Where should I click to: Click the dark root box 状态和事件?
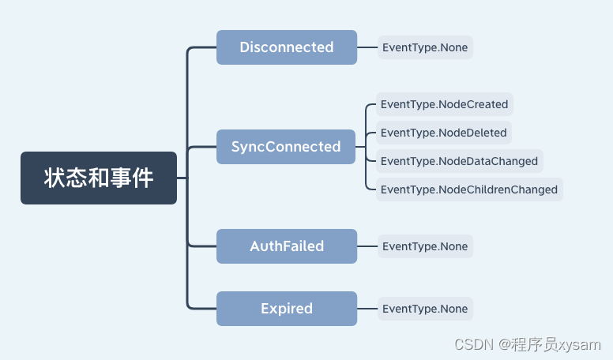99,178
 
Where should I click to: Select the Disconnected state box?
287,47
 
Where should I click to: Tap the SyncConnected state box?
286,147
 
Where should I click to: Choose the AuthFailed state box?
287,246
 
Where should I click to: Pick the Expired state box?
287,309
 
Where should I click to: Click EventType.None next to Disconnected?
425,47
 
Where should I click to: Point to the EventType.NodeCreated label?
445,104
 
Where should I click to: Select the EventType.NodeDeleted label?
444,133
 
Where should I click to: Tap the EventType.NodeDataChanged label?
460,161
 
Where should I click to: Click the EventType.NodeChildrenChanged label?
469,189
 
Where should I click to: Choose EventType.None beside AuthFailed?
425,246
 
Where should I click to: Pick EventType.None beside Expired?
425,309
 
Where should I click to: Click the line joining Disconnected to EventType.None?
367,47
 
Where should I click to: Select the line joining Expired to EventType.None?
367,309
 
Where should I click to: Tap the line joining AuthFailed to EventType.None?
367,246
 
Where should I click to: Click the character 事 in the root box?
120,178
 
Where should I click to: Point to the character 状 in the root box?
55,178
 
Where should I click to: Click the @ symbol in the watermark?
505,344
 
